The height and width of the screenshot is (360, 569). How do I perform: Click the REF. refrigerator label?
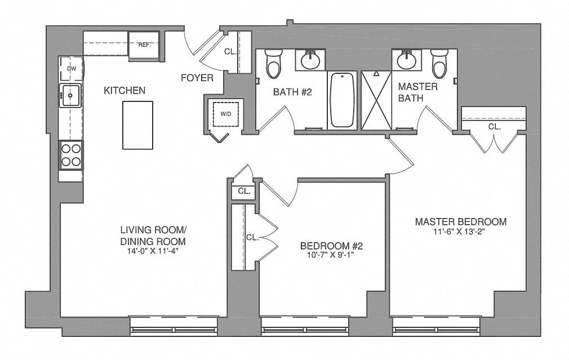coord(144,46)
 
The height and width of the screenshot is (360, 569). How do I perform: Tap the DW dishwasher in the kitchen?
coord(72,69)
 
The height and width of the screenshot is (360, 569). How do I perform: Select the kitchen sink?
coord(70,95)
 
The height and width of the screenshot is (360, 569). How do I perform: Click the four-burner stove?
coord(71,155)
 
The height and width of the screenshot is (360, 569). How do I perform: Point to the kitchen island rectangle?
coord(137,125)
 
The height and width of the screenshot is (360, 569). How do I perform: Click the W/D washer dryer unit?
coord(225,114)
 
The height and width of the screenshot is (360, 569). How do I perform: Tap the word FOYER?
coord(197,78)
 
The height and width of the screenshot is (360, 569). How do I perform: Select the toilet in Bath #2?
coord(273,64)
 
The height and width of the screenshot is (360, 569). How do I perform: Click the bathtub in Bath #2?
coord(342,100)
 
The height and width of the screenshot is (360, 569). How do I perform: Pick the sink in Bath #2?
coord(310,60)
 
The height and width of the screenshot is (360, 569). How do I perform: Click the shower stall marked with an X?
coord(376,100)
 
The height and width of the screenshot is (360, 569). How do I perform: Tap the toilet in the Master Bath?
coord(439,64)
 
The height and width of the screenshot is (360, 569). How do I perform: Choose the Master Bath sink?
coord(406,60)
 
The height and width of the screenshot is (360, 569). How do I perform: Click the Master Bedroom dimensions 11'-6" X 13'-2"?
coord(459,232)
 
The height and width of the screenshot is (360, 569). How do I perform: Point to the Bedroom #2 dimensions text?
coord(330,255)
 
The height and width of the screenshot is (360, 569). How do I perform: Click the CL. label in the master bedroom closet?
coord(494,127)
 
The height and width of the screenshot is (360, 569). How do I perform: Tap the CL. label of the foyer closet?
coord(230,51)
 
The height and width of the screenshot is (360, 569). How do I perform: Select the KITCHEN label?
coord(125,90)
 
